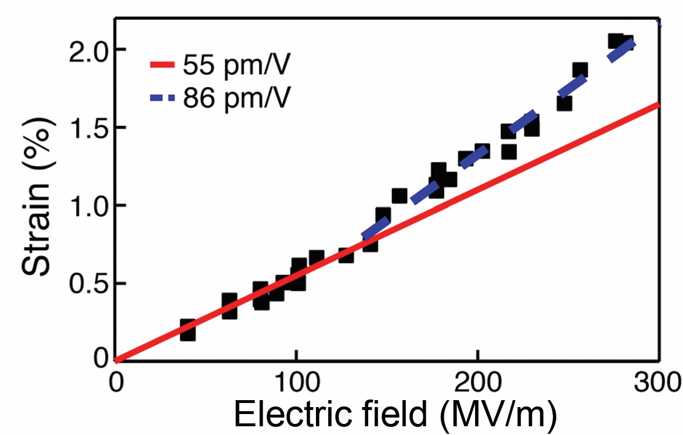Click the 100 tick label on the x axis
pyautogui.click(x=296, y=382)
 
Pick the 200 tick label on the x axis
pyautogui.click(x=478, y=382)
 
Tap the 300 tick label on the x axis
pyautogui.click(x=657, y=382)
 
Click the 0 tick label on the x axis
pyautogui.click(x=117, y=382)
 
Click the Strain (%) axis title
pyautogui.click(x=37, y=197)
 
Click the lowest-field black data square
pyautogui.click(x=187, y=330)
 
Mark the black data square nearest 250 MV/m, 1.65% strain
pyautogui.click(x=564, y=104)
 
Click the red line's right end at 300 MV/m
pyautogui.click(x=659, y=104)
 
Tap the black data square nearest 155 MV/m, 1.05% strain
pyautogui.click(x=400, y=197)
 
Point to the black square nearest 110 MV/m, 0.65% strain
pyautogui.click(x=316, y=258)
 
